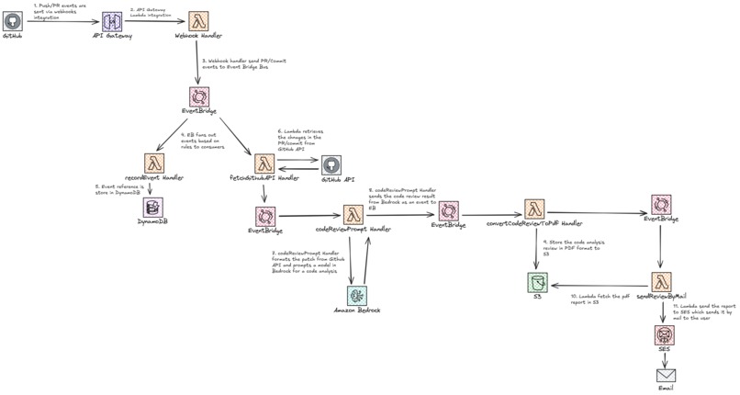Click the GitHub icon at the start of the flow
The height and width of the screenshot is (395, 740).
click(13, 20)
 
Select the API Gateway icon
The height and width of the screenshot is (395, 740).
click(111, 21)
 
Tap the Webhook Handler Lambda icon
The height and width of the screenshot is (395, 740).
click(199, 21)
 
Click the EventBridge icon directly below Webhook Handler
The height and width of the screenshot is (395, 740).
click(199, 96)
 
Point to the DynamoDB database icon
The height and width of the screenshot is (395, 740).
click(151, 207)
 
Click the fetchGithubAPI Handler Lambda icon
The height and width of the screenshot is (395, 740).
click(264, 164)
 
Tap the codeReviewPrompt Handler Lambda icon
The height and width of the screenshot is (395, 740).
click(353, 214)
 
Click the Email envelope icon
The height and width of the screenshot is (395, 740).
click(666, 376)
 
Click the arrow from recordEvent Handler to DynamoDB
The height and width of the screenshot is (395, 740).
click(151, 187)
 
